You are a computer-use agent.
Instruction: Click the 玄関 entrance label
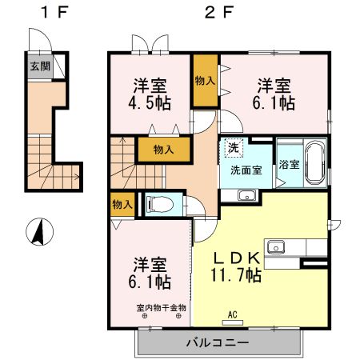pyautogui.click(x=38, y=66)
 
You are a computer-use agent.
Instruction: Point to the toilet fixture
pyautogui.click(x=157, y=205)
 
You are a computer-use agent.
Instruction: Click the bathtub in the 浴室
pyautogui.click(x=313, y=162)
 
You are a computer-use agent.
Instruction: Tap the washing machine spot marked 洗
pyautogui.click(x=233, y=147)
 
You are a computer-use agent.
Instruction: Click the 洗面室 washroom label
pyautogui.click(x=246, y=170)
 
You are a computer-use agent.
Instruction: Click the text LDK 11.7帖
pyautogui.click(x=235, y=266)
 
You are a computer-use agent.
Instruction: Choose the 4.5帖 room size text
pyautogui.click(x=150, y=103)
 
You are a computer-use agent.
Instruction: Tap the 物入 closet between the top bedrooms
pyautogui.click(x=205, y=80)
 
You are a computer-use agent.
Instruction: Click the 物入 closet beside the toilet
pyautogui.click(x=122, y=205)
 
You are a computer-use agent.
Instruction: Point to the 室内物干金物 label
pyautogui.click(x=161, y=307)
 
